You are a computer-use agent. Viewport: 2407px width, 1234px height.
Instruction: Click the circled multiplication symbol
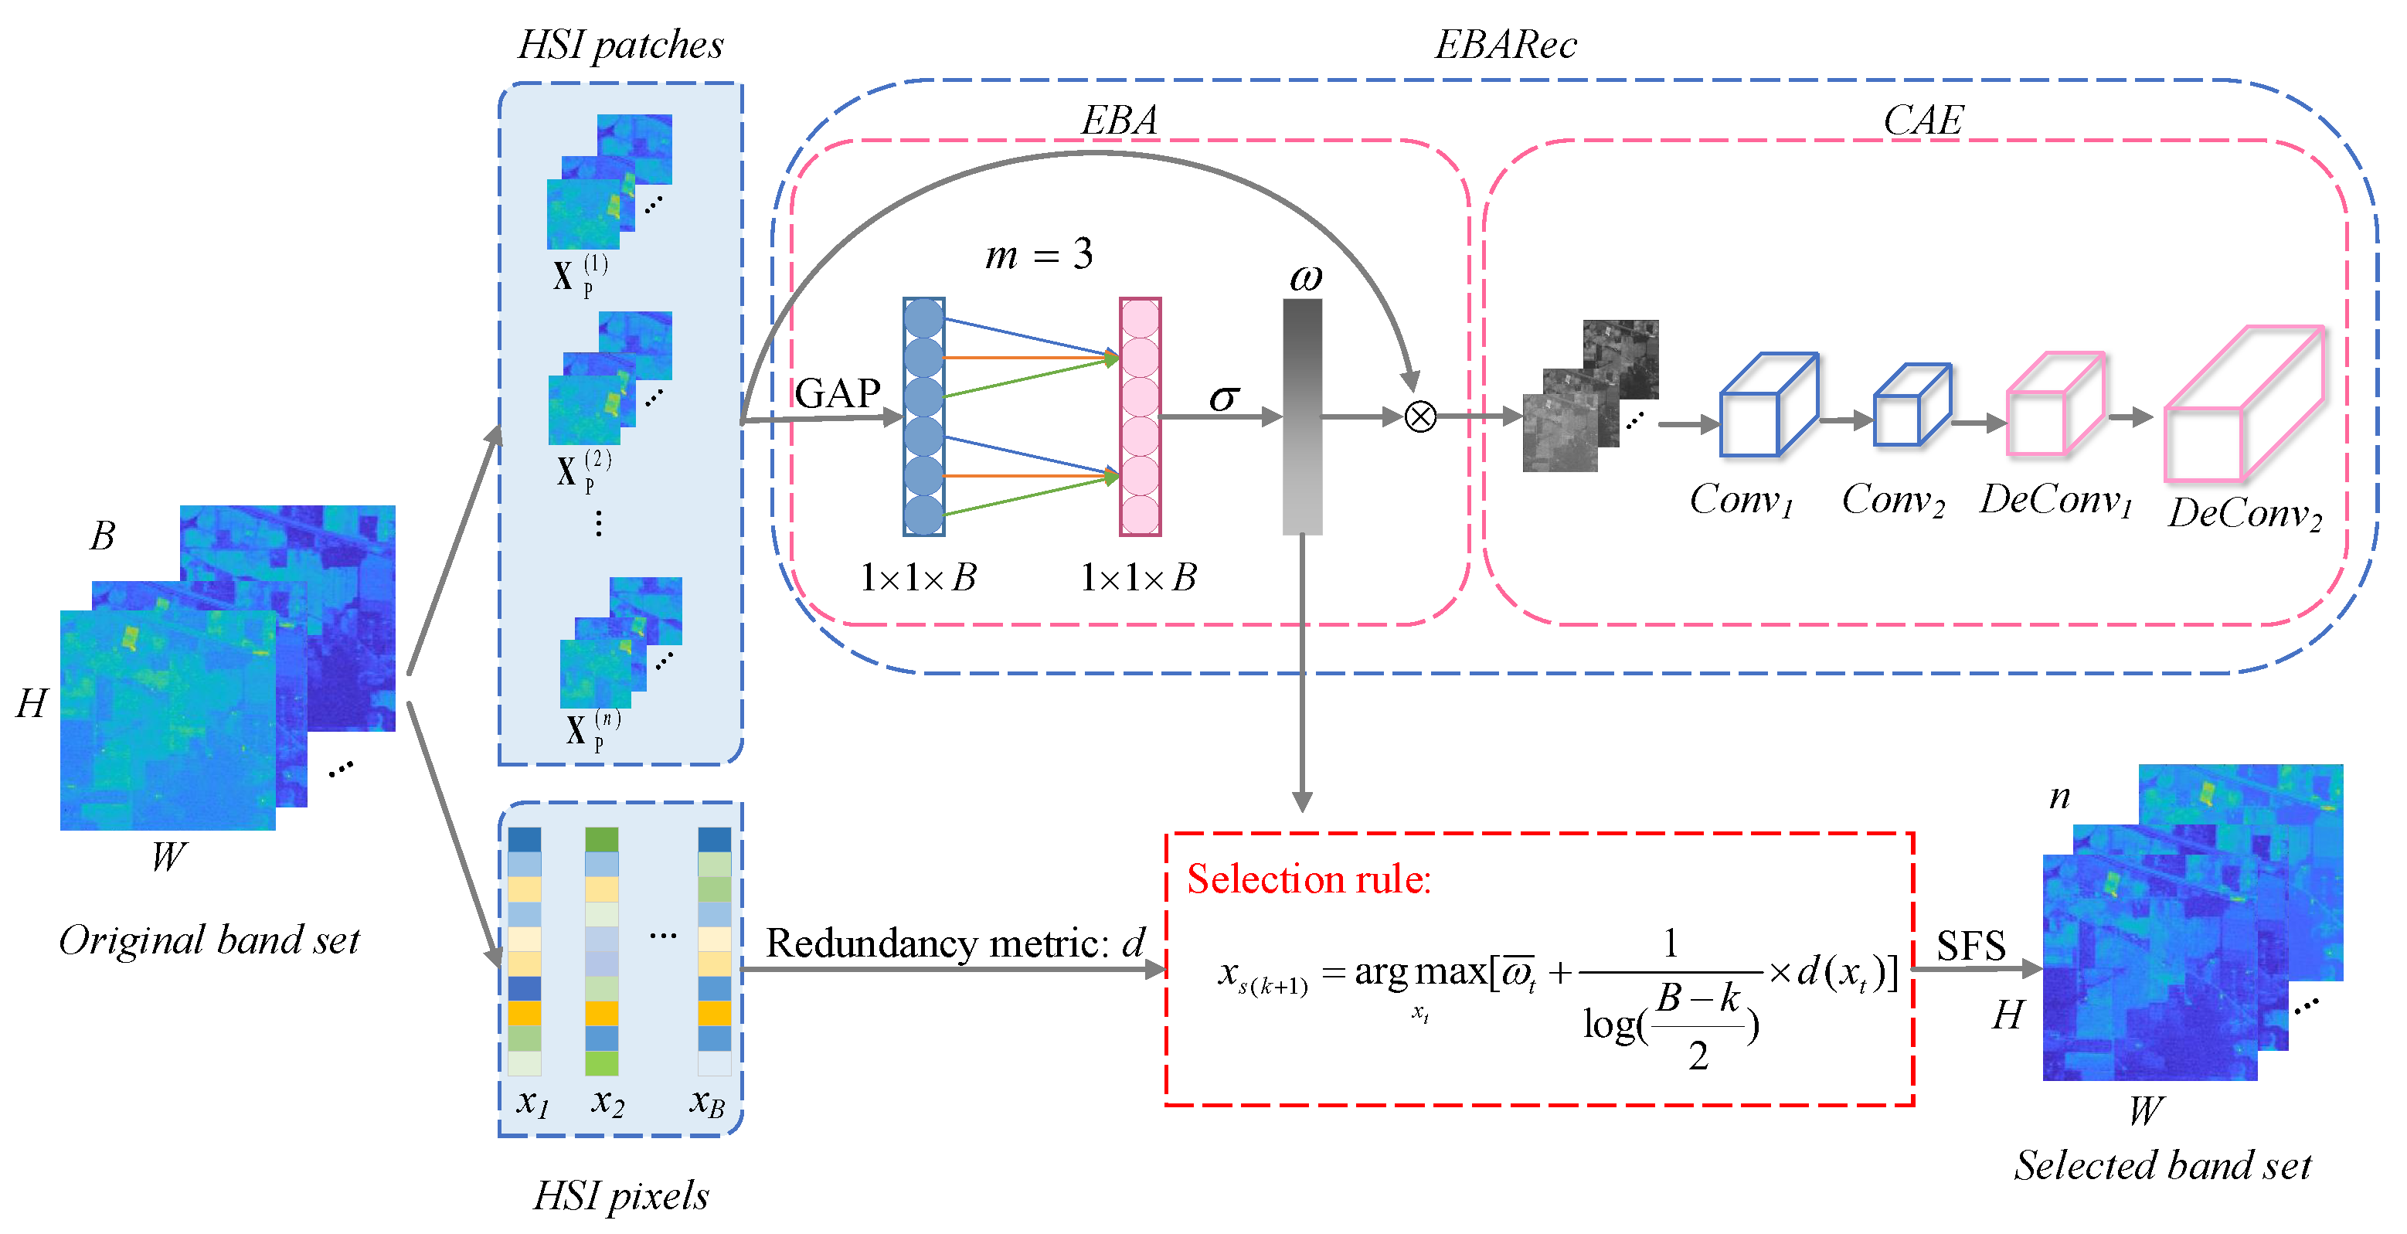click(1420, 416)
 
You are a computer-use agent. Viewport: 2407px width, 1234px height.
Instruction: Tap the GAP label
click(837, 393)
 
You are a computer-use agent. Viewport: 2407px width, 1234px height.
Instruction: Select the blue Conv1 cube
click(1769, 404)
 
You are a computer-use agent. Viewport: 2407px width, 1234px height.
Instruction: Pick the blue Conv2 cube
click(1912, 404)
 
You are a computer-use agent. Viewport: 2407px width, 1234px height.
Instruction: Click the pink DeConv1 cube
click(2055, 403)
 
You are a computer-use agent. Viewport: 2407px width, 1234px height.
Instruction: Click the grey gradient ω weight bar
click(1303, 416)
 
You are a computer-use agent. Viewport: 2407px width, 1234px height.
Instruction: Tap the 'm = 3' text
click(1039, 254)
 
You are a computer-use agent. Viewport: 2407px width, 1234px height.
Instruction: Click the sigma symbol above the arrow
click(1224, 398)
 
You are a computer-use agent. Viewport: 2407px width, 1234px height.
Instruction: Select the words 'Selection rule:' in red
click(1309, 879)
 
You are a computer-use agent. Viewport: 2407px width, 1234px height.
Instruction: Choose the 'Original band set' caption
click(209, 940)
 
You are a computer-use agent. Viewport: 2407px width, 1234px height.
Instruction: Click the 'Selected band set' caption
click(2162, 1165)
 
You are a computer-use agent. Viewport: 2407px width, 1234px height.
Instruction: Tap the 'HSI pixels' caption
click(620, 1195)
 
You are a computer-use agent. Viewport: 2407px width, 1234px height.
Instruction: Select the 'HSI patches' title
click(620, 45)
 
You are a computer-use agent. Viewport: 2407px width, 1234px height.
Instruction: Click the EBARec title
click(1505, 44)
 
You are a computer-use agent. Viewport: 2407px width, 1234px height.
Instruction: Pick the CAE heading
click(1923, 120)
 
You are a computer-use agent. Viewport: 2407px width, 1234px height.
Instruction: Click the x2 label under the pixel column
click(607, 1103)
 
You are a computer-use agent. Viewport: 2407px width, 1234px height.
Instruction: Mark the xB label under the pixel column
click(707, 1103)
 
